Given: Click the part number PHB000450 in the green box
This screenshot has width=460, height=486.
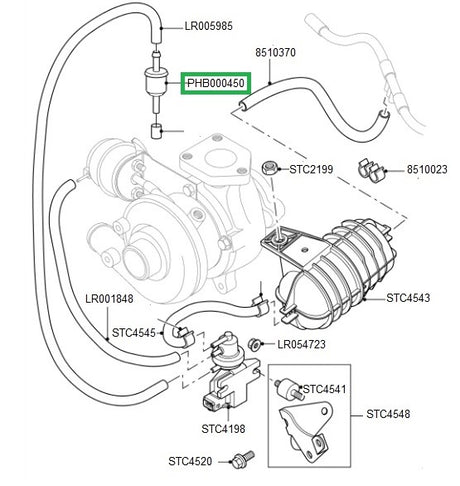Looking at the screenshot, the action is [216, 83].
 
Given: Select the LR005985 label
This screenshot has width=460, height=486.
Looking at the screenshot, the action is [209, 26].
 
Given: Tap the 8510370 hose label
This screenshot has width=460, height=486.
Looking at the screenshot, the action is [275, 52].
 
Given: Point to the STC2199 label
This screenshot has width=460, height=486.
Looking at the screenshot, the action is [311, 169].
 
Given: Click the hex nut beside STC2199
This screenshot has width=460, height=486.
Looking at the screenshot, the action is [269, 168].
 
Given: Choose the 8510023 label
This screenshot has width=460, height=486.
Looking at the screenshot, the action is [427, 170].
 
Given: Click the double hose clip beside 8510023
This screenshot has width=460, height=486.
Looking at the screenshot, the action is [371, 170].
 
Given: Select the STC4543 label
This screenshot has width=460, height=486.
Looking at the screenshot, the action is [408, 297].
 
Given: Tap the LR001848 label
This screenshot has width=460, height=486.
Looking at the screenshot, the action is [109, 298].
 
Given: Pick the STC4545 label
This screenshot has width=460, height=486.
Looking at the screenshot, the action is [134, 333].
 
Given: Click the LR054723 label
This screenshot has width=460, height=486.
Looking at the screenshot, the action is [301, 344].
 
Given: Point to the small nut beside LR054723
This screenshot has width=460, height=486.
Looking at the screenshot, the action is [255, 344].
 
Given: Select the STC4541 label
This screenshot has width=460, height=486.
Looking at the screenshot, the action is [324, 389].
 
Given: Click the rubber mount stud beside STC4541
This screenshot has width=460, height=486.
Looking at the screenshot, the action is [289, 388].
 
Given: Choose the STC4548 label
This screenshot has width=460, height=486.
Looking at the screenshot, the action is [388, 414].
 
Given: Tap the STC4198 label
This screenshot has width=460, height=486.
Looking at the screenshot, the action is [223, 429].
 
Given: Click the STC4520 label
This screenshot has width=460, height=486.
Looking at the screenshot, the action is [190, 461].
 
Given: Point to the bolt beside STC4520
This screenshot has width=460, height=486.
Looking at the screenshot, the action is [243, 458].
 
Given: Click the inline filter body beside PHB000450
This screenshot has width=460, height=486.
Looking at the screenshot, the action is [156, 83].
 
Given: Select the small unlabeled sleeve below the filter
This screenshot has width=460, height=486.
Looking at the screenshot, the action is [156, 131].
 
